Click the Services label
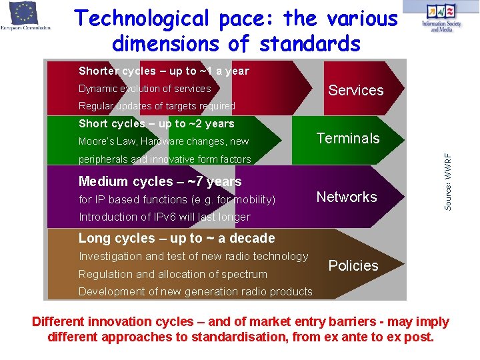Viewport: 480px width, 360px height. (356, 90)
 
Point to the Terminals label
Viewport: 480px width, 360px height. (347, 138)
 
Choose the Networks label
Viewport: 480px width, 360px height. (346, 197)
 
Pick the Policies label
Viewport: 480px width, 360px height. (353, 265)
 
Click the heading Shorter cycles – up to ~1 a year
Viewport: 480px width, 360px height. (163, 71)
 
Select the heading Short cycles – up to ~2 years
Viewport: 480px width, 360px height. (156, 123)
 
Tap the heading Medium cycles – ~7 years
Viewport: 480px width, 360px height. (160, 181)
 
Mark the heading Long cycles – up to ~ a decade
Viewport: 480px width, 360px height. (177, 238)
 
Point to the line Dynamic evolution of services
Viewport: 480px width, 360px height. (144, 89)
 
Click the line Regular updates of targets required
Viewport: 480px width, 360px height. (157, 106)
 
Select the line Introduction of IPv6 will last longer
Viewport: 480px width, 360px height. (164, 217)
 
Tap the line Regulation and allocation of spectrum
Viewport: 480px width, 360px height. (173, 274)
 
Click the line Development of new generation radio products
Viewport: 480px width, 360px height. (195, 291)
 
